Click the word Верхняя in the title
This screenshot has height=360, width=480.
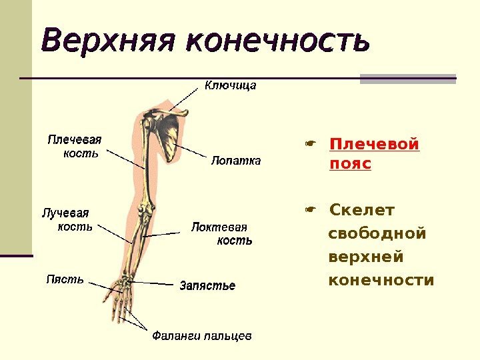pos(110,41)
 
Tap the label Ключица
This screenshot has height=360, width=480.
pos(230,86)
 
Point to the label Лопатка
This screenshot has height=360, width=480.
pos(236,161)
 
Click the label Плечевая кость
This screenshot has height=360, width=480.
pos(74,146)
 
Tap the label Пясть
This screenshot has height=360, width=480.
pos(65,279)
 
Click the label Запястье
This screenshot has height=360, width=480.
pos(208,286)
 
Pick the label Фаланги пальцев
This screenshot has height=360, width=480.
pos(202,335)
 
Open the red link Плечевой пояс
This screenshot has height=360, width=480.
pos(374,154)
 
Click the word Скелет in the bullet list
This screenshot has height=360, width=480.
pos(363,211)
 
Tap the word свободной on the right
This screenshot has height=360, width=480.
pos(377,234)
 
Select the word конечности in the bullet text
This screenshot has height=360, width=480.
pos(381,279)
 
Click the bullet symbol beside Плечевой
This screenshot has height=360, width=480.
pos(309,143)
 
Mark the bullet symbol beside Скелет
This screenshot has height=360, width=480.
pos(309,211)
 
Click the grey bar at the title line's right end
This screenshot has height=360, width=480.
pos(408,79)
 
